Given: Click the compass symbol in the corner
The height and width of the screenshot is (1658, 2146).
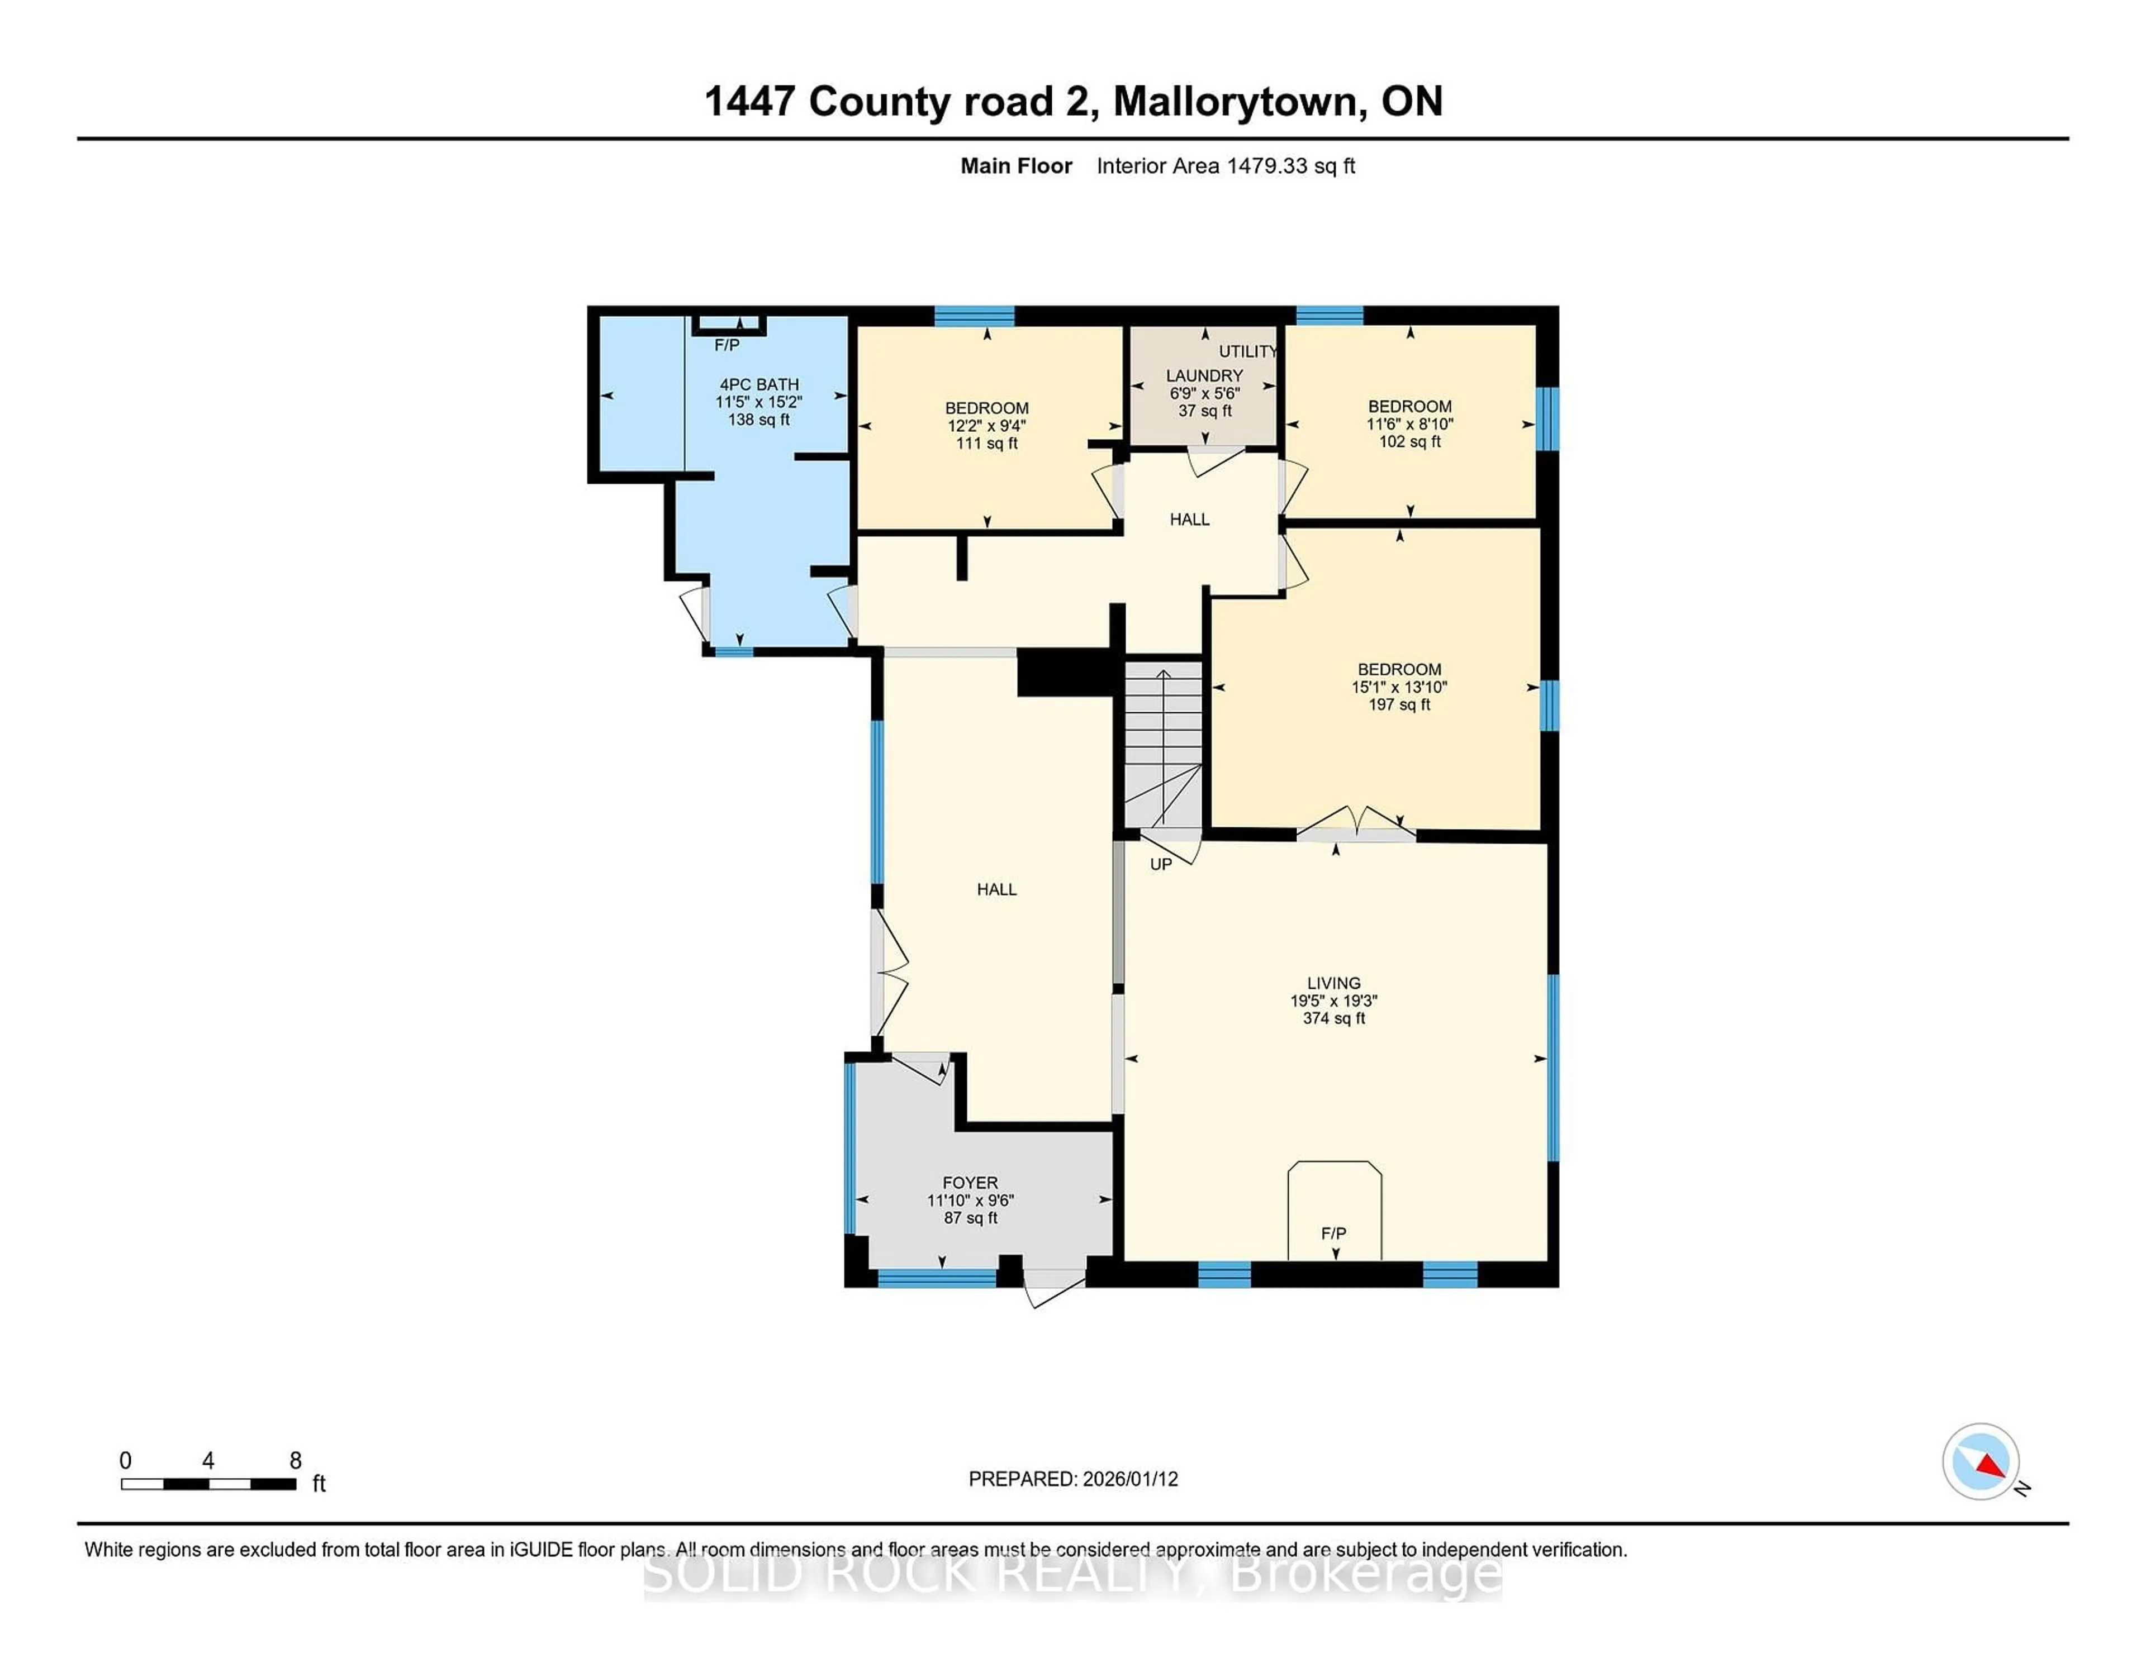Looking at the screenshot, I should tap(1980, 1461).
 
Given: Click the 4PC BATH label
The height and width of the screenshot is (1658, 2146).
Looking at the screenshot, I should tap(758, 384).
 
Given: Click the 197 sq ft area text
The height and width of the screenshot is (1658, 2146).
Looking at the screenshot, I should tap(1399, 704).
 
